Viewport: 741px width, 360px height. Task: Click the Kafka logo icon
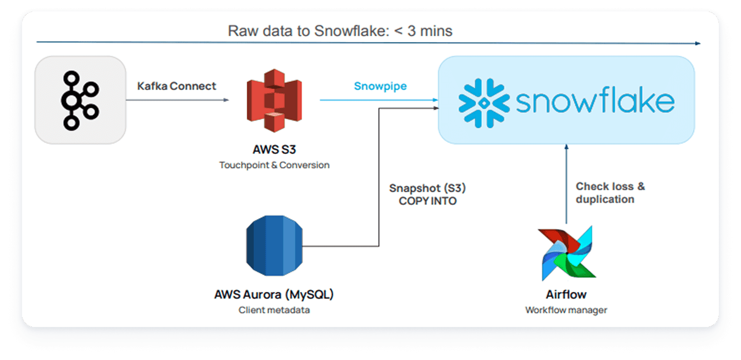(80, 100)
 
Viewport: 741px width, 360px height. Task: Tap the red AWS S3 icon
(274, 105)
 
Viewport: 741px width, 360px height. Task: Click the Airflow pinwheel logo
(567, 253)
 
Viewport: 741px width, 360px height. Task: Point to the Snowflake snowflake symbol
(484, 103)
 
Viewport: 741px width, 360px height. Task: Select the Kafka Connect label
(177, 86)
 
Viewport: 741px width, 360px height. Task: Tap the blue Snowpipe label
(380, 86)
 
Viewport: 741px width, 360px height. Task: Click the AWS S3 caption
(274, 150)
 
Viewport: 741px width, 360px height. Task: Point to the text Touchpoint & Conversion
(274, 165)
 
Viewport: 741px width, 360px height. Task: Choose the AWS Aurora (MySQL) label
(274, 294)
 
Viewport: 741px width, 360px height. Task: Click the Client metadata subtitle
(274, 310)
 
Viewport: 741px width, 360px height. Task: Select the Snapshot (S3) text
(427, 188)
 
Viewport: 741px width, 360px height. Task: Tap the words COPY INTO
(427, 201)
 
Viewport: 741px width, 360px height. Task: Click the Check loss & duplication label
(610, 193)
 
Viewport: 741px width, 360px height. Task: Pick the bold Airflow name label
(566, 295)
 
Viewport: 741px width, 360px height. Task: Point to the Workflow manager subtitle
(566, 310)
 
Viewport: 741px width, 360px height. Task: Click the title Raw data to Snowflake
(340, 31)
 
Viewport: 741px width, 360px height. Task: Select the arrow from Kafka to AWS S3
(177, 100)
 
